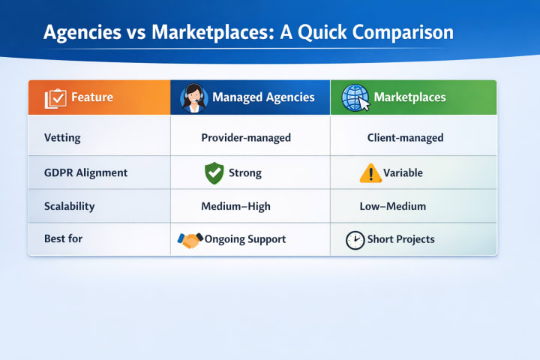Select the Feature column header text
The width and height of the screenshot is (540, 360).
(x=92, y=97)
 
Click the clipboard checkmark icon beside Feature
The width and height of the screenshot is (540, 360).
(x=55, y=98)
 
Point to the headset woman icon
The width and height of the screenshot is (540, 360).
(x=194, y=98)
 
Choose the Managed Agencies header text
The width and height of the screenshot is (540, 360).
(x=263, y=97)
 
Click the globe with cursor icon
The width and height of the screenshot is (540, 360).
(x=355, y=97)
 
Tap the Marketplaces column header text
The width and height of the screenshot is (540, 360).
(x=409, y=97)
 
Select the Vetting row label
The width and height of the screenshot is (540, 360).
(x=62, y=138)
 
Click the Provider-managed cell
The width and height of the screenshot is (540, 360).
(x=246, y=138)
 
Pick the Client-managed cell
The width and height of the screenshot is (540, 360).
(x=405, y=138)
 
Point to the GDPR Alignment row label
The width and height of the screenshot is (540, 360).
(x=85, y=172)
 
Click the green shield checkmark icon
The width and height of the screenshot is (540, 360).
(x=214, y=173)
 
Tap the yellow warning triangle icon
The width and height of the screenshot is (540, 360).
(x=370, y=173)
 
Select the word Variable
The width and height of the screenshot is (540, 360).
(x=403, y=172)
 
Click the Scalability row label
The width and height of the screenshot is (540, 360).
(x=69, y=206)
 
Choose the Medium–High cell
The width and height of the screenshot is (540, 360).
(x=235, y=206)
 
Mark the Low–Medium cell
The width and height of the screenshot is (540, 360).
(x=392, y=206)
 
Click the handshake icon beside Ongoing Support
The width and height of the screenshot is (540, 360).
(x=190, y=240)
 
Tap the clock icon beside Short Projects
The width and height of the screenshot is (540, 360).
(x=355, y=240)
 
